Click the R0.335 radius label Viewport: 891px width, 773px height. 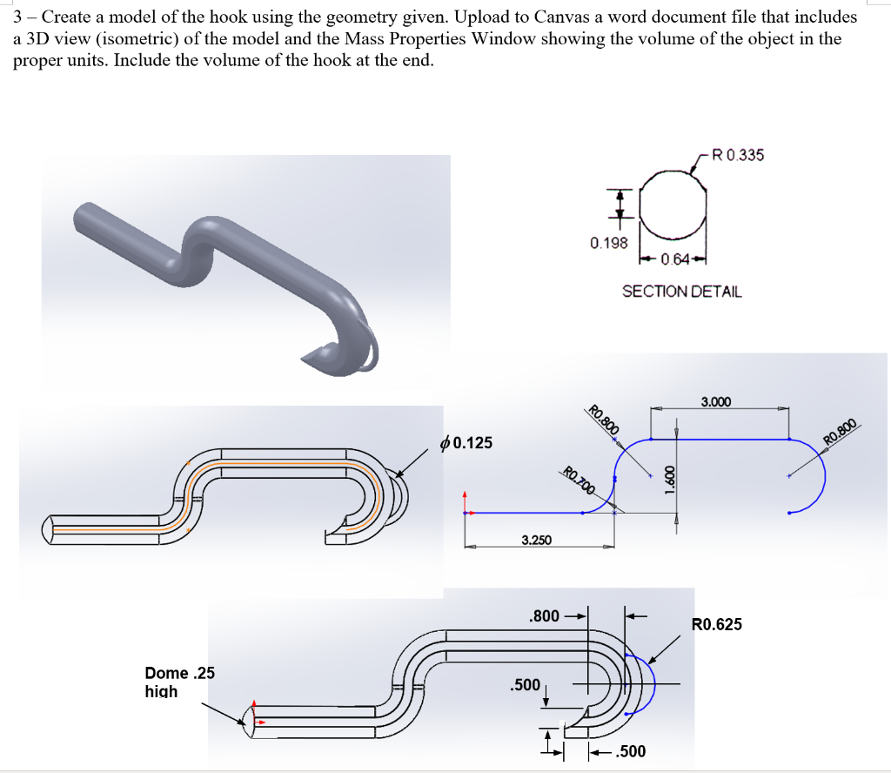(x=737, y=156)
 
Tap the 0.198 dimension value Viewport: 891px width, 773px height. (x=608, y=243)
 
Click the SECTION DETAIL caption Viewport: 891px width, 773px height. (x=681, y=292)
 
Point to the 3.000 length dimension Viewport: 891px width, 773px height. (x=715, y=402)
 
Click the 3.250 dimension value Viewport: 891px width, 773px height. (x=536, y=541)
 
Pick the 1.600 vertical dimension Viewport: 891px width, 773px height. (x=669, y=478)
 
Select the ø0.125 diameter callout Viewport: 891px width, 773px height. (x=466, y=443)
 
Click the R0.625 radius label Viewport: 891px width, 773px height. (x=717, y=624)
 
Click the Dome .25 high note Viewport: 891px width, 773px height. (x=179, y=682)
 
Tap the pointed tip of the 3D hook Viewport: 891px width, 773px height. (x=305, y=357)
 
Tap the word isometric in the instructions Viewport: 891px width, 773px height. (x=119, y=39)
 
